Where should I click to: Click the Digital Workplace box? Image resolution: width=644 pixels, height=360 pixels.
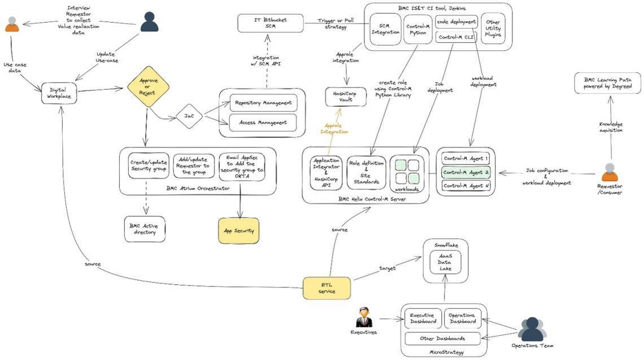pos(59,94)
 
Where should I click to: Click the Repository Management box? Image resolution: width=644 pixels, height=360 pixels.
pos(263,103)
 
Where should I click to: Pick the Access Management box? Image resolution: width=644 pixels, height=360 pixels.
pos(263,122)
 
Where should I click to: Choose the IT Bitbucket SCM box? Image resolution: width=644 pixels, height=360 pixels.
pos(271,23)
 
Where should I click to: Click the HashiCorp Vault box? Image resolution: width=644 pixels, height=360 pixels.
pos(346,96)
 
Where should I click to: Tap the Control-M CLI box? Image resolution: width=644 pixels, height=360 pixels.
pos(456,37)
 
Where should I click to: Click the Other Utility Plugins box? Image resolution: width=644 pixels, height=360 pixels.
pos(493,29)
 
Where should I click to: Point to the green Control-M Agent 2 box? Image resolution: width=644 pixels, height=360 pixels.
pos(466,172)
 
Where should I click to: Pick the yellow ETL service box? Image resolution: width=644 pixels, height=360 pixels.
pos(327,288)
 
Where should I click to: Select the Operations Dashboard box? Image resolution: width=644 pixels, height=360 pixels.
pos(463,318)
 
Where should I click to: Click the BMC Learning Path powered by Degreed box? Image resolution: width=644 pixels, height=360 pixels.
pos(607,83)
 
